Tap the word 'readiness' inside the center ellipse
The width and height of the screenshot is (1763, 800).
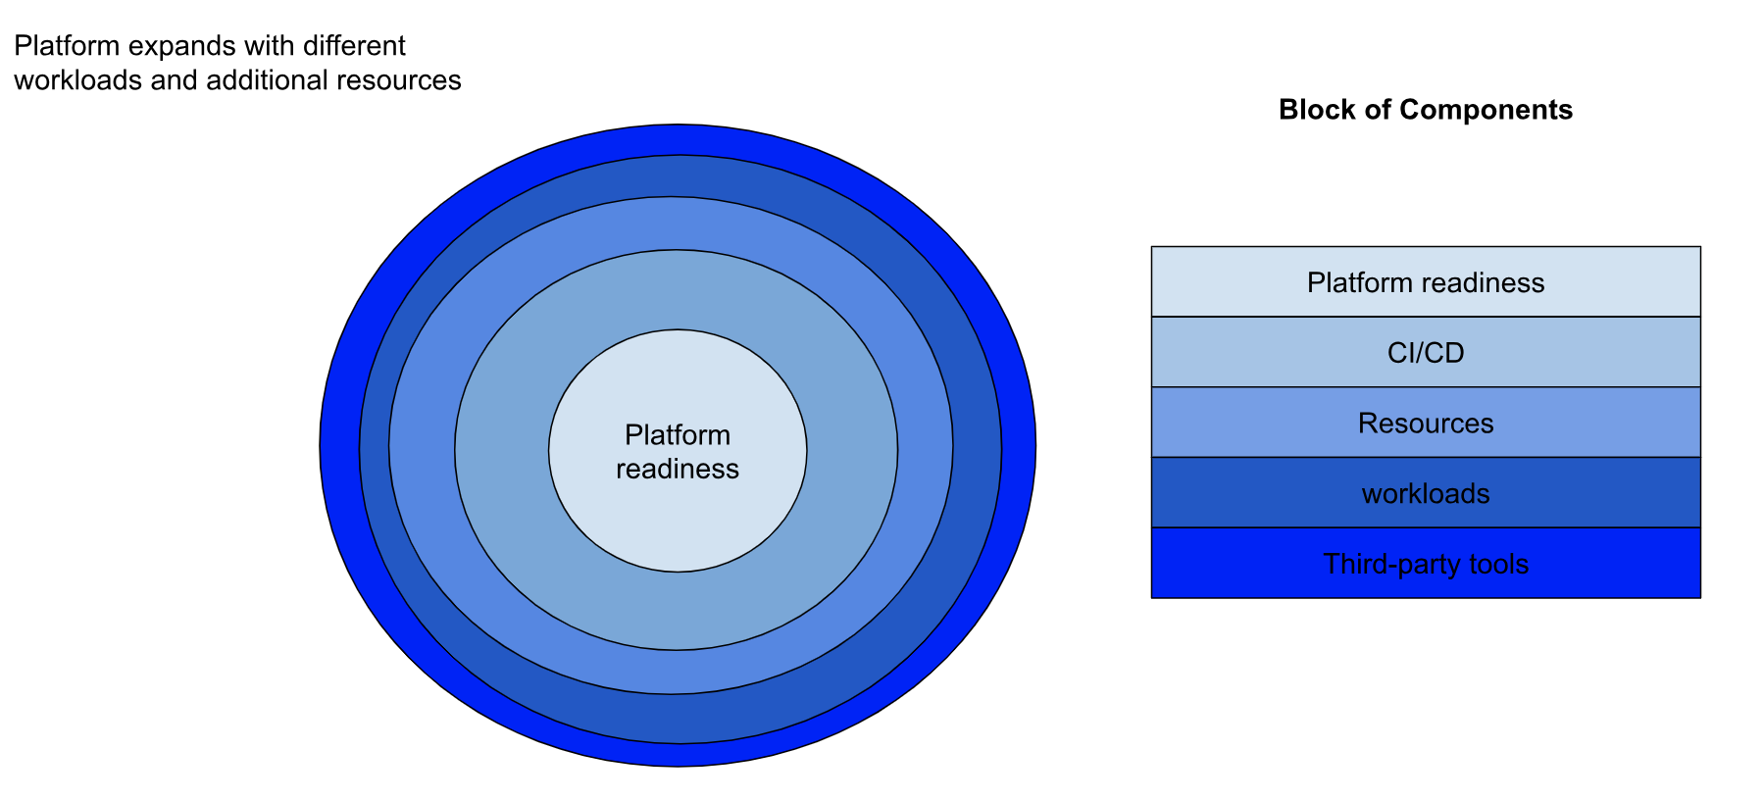pyautogui.click(x=678, y=469)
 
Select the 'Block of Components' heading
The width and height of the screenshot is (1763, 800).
pyautogui.click(x=1425, y=110)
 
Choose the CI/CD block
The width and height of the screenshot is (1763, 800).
pyautogui.click(x=1425, y=353)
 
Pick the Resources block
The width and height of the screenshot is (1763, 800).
pyautogui.click(x=1425, y=424)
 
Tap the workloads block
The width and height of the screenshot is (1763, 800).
pyautogui.click(x=1425, y=493)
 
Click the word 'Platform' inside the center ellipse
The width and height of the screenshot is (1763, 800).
pyautogui.click(x=678, y=435)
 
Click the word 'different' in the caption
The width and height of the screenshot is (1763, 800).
pyautogui.click(x=354, y=46)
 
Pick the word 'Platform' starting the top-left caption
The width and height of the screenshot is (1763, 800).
pyautogui.click(x=67, y=46)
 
